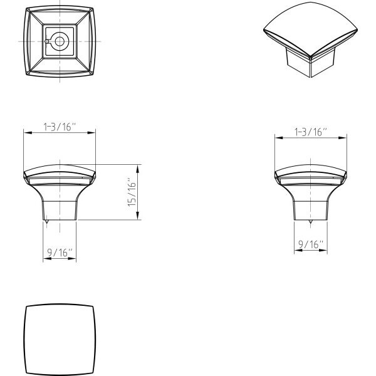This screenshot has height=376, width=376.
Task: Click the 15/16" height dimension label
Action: coord(132,192)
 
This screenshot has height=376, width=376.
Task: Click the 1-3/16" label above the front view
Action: coord(60,127)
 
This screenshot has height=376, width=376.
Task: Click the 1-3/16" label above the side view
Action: coord(311,132)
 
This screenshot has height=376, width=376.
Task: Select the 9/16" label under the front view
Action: coord(60,253)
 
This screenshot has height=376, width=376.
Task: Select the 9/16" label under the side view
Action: coord(311,244)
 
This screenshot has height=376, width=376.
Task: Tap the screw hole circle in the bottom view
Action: coord(60,41)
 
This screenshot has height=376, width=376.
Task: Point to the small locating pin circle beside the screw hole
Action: coord(47,41)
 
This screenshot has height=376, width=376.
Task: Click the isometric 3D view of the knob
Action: coord(311,39)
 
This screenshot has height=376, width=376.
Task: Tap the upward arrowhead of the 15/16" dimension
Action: coord(138,169)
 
